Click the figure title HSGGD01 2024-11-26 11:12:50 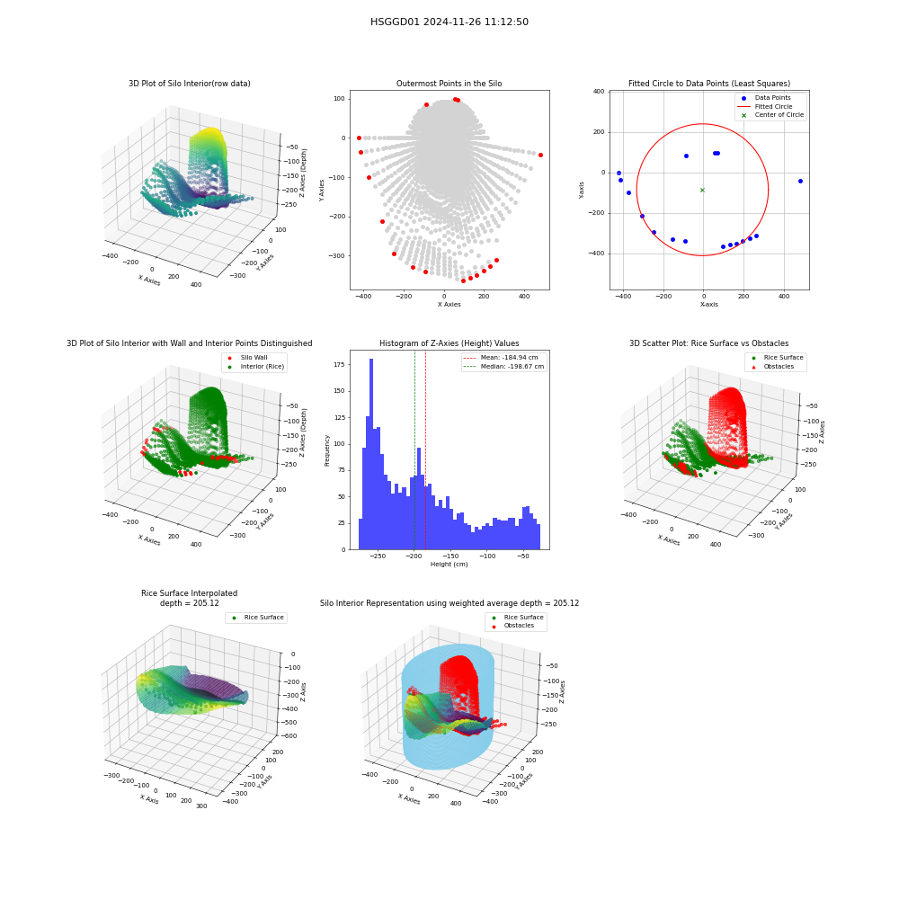449,22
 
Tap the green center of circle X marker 702,190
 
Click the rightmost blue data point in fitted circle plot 800,182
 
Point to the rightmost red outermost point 540,155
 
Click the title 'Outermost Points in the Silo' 449,83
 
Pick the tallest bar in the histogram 371,454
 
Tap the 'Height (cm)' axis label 449,565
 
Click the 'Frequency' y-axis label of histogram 327,450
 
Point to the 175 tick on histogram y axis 340,364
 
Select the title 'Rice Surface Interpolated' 189,592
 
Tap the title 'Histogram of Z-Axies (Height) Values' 449,343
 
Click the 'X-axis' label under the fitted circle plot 708,305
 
